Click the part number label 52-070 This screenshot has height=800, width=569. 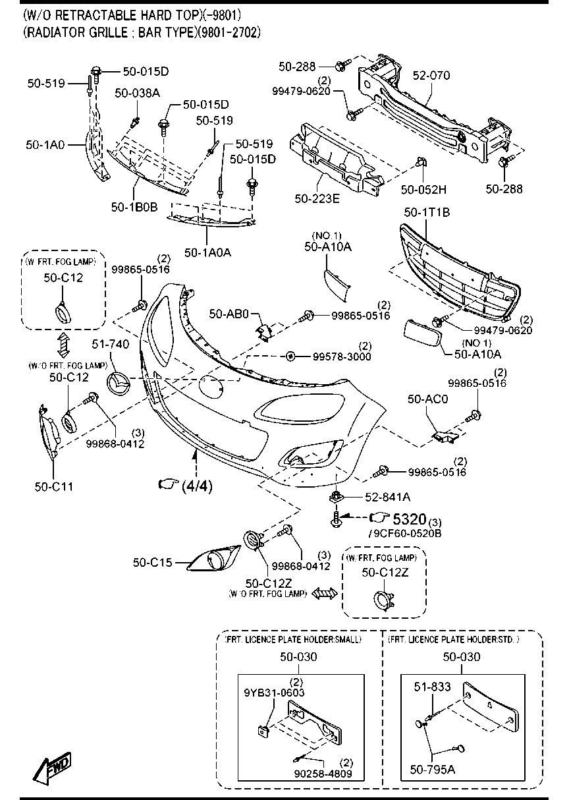(431, 76)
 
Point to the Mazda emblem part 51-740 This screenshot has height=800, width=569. (119, 383)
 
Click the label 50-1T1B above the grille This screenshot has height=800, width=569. (427, 212)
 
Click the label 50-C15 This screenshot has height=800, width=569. (152, 562)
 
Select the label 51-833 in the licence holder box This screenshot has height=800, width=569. (432, 687)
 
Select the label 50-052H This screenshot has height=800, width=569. (423, 190)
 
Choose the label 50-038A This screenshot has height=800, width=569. (137, 94)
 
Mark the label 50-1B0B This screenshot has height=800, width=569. (134, 206)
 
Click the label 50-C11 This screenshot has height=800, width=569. (53, 487)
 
